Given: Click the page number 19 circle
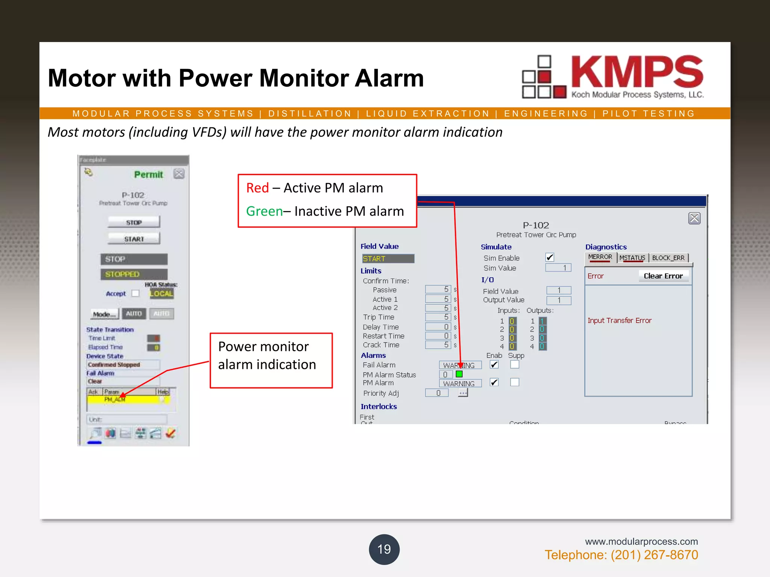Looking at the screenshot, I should pyautogui.click(x=384, y=549).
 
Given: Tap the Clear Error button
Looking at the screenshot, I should pyautogui.click(x=663, y=276).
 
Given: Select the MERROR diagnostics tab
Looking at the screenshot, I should pyautogui.click(x=600, y=257).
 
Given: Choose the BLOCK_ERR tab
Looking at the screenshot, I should pyautogui.click(x=668, y=258).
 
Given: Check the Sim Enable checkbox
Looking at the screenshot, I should pyautogui.click(x=550, y=257).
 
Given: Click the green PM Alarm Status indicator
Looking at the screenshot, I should pyautogui.click(x=459, y=374).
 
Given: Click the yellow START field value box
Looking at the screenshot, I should pyautogui.click(x=388, y=258).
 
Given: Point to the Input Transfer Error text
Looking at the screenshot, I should pyautogui.click(x=619, y=320).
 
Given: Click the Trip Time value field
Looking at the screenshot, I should pyautogui.click(x=438, y=317).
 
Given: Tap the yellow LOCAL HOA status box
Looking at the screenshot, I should pyautogui.click(x=162, y=293).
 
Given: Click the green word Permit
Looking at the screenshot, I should pyautogui.click(x=149, y=175).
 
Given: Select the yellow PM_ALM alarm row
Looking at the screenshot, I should pyautogui.click(x=128, y=399).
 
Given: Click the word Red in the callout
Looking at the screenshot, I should pyautogui.click(x=258, y=188).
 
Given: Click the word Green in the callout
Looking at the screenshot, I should pyautogui.click(x=264, y=211).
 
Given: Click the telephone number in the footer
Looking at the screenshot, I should pyautogui.click(x=621, y=555).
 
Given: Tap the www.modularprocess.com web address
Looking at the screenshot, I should pyautogui.click(x=641, y=541).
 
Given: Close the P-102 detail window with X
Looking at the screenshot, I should pyautogui.click(x=694, y=218).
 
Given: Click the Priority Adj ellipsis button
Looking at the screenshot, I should pyautogui.click(x=463, y=393).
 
